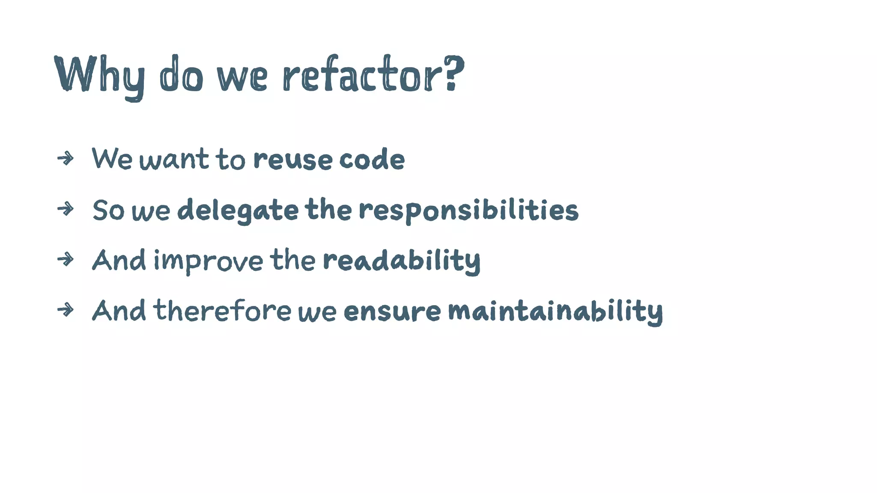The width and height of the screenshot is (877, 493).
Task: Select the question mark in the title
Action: point(453,73)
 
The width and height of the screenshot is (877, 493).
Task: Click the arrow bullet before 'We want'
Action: point(66,159)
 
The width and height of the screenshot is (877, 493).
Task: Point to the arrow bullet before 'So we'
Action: point(66,209)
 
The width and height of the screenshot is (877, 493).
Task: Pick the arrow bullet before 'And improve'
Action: point(66,259)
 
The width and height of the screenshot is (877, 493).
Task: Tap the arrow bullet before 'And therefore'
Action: point(66,310)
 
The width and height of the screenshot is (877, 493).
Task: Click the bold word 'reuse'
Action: point(292,160)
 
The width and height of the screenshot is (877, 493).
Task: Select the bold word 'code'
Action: point(372,159)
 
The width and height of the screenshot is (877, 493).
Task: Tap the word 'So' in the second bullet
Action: point(108,210)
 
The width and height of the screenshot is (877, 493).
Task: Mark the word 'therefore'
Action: point(222,311)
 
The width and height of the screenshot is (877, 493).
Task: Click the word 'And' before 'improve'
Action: point(119,260)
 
